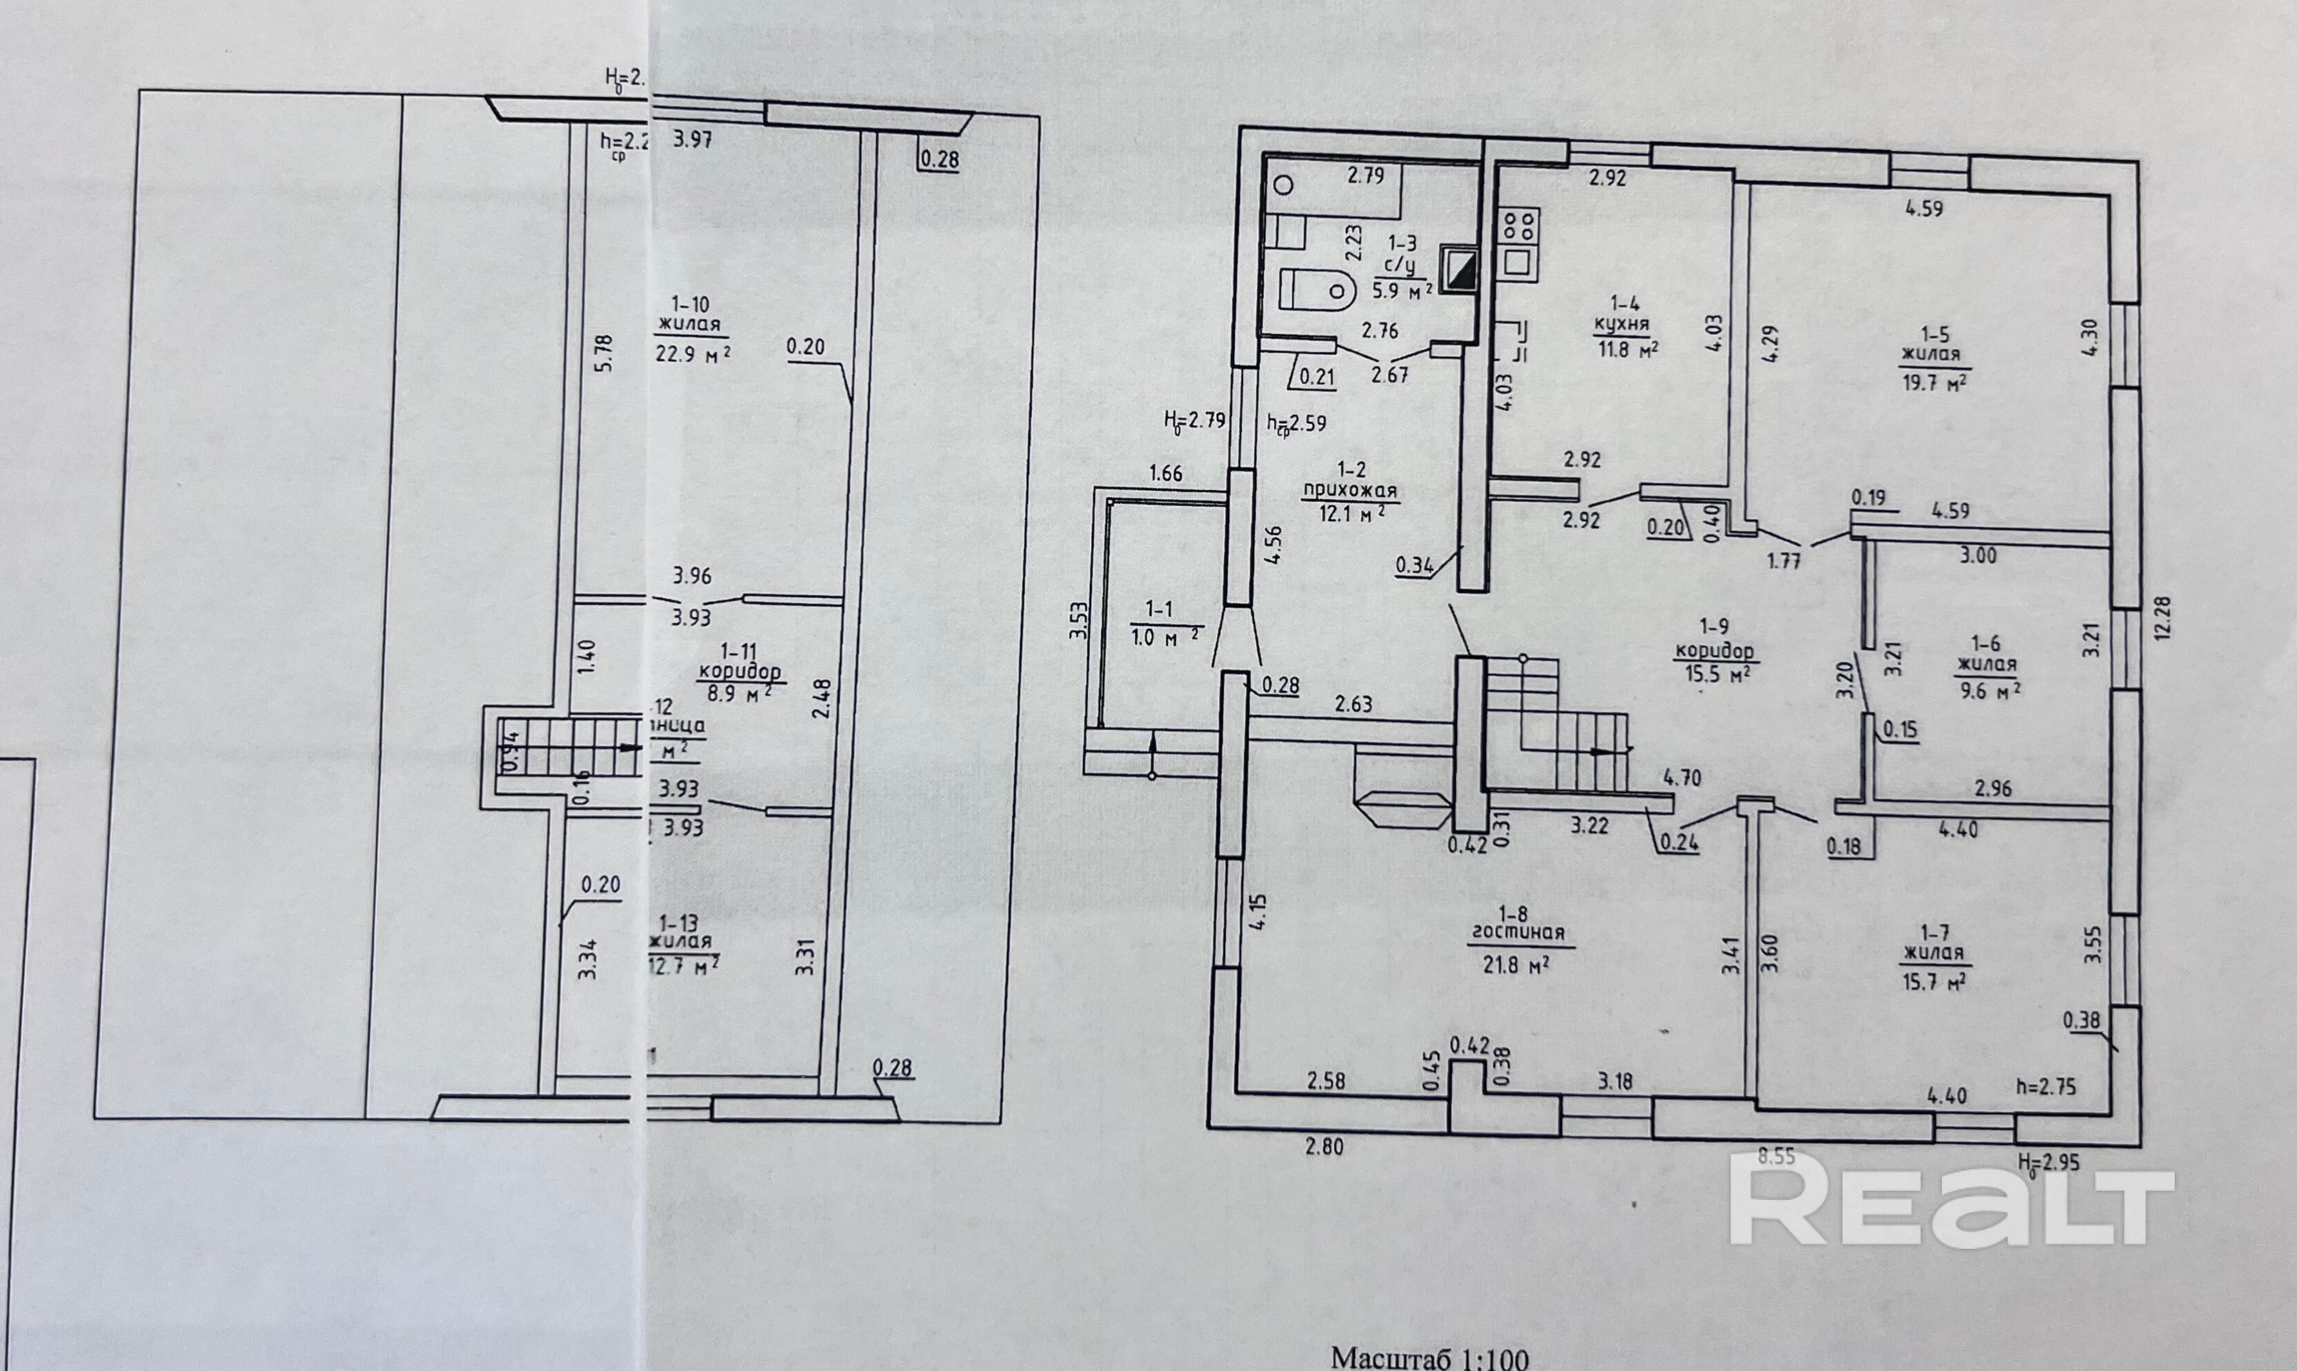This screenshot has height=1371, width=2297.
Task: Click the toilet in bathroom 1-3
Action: click(x=1316, y=289)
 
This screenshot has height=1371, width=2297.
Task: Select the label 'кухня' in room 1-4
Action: click(x=1624, y=325)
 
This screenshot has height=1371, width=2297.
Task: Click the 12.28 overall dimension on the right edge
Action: click(x=2163, y=618)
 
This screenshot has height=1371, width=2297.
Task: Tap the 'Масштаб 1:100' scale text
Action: click(x=1430, y=1357)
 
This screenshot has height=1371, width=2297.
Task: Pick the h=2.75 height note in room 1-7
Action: click(x=2046, y=1087)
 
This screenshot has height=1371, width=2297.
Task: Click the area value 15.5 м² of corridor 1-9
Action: click(x=1715, y=674)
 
